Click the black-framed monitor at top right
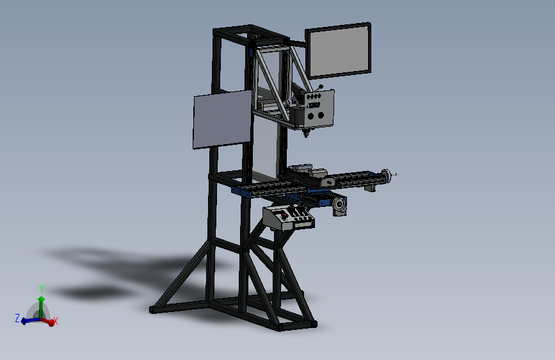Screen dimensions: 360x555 tap(339, 51)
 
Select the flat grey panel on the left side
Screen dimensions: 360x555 tap(221, 119)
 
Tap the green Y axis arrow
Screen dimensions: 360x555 tap(41, 304)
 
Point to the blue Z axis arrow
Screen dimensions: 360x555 tap(28, 320)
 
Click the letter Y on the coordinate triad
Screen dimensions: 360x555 tap(41, 288)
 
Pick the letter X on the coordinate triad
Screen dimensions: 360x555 tap(56, 322)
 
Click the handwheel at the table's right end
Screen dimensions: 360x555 tap(386, 176)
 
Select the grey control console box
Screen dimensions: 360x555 tap(289, 218)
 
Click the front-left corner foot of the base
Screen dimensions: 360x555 tap(153, 309)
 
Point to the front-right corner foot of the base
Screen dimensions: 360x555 tap(280, 327)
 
